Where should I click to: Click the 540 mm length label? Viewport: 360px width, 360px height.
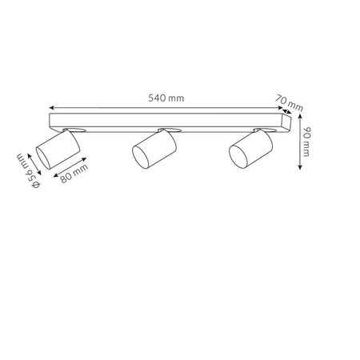pos(166,98)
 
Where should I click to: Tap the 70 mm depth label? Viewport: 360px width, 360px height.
pos(290,102)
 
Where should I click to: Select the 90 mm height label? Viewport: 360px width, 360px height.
pos(306,142)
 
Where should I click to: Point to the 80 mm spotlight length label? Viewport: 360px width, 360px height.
pos(74,174)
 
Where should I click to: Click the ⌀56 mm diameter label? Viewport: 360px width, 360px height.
pos(28,171)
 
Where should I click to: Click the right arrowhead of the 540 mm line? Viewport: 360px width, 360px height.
pos(280,108)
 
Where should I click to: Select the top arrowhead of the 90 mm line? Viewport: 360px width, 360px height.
pos(300,117)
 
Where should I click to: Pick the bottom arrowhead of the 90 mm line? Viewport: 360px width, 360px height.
pos(300,166)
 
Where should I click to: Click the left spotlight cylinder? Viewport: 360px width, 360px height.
pos(58,149)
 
